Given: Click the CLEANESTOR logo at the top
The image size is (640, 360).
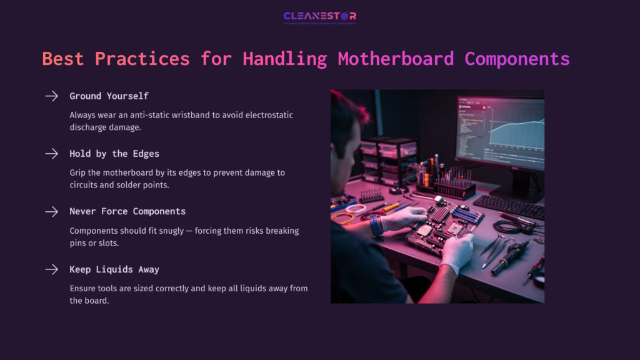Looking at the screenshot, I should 319,16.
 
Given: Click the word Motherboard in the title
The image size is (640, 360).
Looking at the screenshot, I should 396,59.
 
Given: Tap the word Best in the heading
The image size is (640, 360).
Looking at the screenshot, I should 63,59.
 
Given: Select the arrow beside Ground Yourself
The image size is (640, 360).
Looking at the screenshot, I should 51,96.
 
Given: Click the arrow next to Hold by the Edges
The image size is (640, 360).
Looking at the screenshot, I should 51,154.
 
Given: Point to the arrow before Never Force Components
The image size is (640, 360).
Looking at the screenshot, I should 51,212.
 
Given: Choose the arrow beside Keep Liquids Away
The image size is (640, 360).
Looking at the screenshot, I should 51,269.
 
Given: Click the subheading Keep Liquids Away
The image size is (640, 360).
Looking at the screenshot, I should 114,269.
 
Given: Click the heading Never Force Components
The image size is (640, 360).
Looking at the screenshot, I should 127,212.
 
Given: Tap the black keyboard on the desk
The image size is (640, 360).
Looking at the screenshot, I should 509,206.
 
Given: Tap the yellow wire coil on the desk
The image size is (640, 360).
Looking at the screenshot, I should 343,218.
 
